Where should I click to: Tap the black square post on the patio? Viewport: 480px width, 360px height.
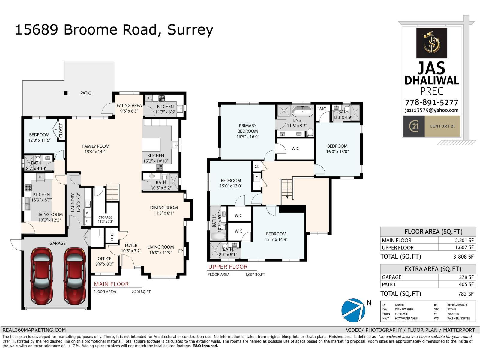click(x=66, y=93)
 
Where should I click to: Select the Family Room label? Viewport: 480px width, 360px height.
click(x=96, y=149)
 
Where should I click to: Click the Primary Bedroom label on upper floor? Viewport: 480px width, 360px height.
click(x=247, y=131)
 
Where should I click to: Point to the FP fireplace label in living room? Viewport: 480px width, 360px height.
click(x=181, y=251)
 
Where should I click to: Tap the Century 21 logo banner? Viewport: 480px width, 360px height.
click(x=432, y=126)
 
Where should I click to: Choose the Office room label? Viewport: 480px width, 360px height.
click(x=104, y=261)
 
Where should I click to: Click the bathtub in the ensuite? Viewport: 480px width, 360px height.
click(x=302, y=112)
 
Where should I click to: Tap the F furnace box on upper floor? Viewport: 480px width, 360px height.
click(x=257, y=178)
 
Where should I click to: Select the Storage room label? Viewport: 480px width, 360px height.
click(x=106, y=219)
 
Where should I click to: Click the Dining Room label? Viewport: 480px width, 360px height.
click(x=164, y=210)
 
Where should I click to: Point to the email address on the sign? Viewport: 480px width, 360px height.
click(x=432, y=110)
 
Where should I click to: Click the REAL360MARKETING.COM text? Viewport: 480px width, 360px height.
click(x=34, y=330)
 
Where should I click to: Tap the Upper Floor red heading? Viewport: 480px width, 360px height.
click(x=228, y=267)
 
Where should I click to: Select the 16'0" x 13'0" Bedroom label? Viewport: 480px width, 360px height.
click(x=337, y=149)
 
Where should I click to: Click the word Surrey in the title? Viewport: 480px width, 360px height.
click(x=190, y=30)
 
